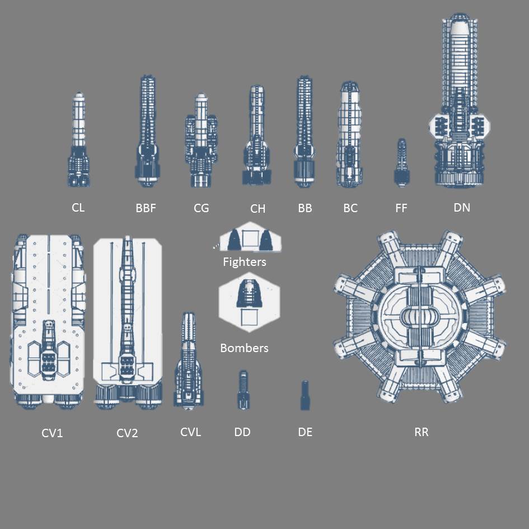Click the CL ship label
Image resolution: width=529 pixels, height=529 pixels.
pos(78,208)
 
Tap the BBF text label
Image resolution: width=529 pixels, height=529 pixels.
pos(146,208)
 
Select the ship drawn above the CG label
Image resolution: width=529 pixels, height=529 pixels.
pos(201,141)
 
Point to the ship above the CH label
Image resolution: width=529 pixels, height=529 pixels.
pos(257,135)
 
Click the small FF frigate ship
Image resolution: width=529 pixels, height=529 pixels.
pos(401,162)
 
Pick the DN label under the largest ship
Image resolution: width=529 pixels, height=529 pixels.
pos(462,208)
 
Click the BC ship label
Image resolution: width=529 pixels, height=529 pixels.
pos(350,208)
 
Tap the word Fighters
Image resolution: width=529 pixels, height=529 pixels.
pos(245,262)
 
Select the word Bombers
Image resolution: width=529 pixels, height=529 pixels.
pos(244,348)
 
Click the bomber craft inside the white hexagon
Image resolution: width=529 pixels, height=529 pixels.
pos(249,295)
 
